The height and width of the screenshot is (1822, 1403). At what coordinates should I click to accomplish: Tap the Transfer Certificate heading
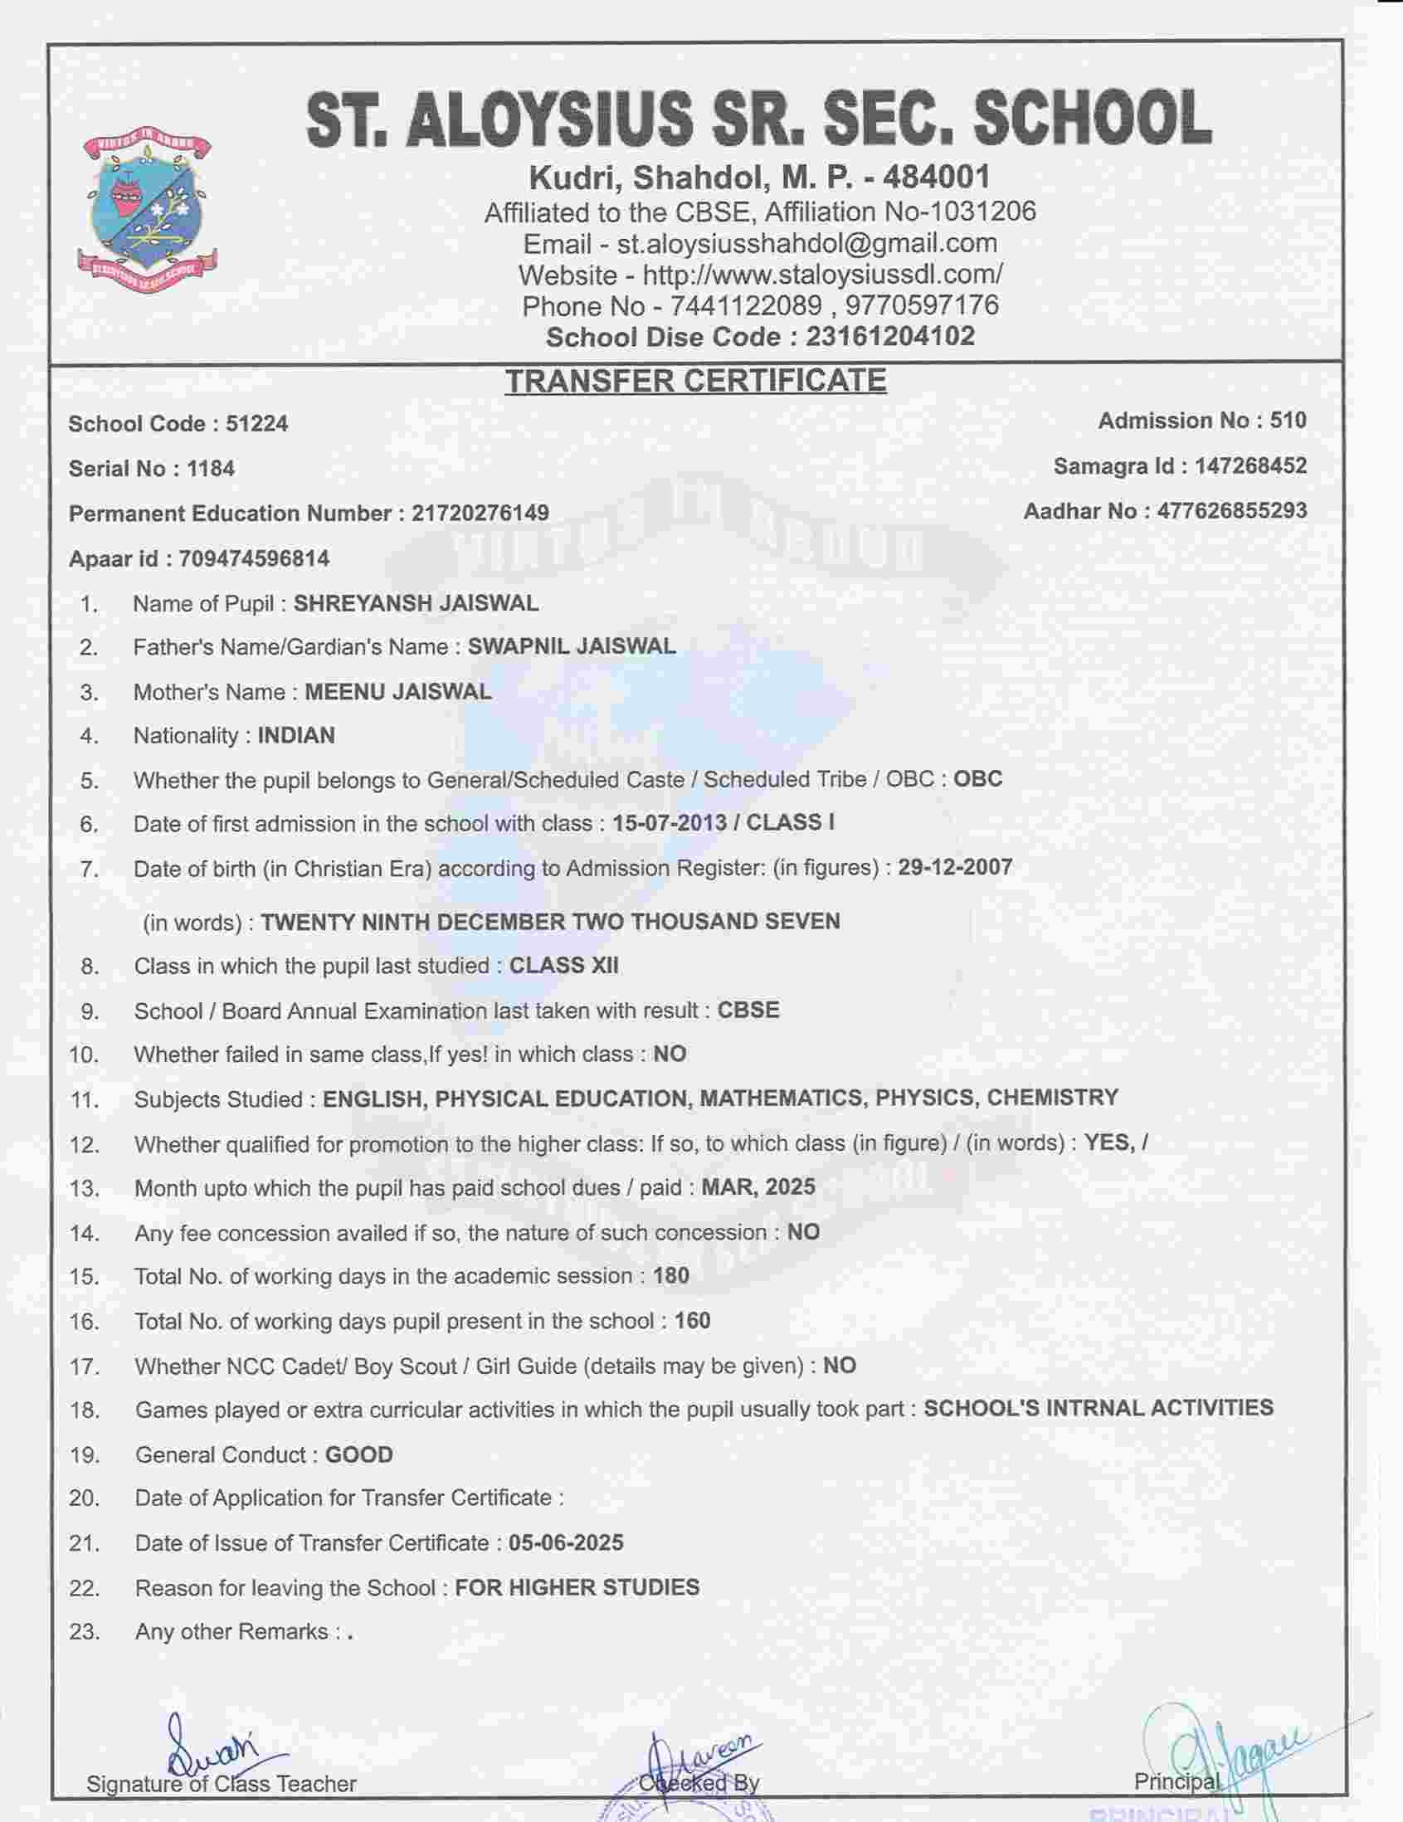click(694, 381)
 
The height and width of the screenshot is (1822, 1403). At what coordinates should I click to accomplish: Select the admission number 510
click(1288, 421)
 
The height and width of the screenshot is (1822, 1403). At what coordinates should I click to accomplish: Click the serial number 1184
click(210, 469)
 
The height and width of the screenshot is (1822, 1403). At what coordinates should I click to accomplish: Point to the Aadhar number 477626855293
click(1231, 510)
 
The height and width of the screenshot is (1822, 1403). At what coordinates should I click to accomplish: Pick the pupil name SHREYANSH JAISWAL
click(416, 603)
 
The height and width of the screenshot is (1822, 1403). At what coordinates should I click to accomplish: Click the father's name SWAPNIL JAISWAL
click(572, 646)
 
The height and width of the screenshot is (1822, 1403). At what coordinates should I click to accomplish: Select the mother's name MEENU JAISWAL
click(398, 692)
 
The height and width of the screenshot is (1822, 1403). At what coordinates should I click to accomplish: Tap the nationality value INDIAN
click(296, 736)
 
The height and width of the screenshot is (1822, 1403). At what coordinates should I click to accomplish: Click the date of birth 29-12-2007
click(955, 867)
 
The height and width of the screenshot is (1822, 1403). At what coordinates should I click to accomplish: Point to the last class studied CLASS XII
click(564, 965)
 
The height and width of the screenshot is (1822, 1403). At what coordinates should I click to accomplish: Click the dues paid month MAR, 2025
click(758, 1186)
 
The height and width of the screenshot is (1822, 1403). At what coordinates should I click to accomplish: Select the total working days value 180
click(671, 1275)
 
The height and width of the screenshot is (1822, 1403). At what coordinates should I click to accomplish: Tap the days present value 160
click(692, 1321)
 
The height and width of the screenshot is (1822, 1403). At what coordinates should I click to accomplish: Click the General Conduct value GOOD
click(358, 1455)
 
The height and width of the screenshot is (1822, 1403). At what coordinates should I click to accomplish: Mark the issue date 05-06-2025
click(566, 1542)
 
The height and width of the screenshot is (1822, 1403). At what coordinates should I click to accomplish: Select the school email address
click(806, 243)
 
